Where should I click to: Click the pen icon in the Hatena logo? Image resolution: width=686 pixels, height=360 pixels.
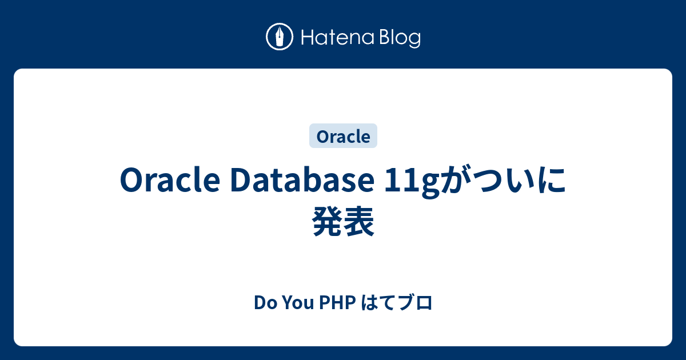point(280,37)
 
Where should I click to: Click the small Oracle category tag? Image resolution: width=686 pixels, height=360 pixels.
point(343,137)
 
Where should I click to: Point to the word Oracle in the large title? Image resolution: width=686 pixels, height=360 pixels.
point(170,181)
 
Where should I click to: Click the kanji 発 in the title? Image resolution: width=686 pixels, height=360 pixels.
point(328,221)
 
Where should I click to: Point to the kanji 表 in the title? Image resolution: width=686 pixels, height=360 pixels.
point(360,221)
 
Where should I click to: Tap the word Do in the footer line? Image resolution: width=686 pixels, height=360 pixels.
point(262,302)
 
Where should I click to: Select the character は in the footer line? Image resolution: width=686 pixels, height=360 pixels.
point(370,302)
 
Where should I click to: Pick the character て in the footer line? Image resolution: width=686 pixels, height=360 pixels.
point(388,302)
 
